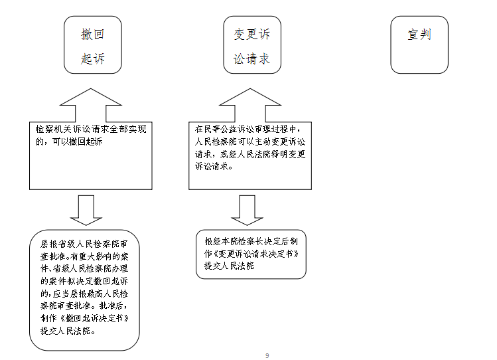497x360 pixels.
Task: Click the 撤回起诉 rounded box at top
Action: point(92,45)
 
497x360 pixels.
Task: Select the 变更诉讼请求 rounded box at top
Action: point(252,45)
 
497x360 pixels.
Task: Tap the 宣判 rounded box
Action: point(419,45)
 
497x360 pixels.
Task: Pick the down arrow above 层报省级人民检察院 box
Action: point(86,210)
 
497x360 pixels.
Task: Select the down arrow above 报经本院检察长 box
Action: point(247,210)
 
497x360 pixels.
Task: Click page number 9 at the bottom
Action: point(267,355)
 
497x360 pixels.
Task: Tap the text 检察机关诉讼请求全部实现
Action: point(91,129)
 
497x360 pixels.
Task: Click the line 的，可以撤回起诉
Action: point(69,141)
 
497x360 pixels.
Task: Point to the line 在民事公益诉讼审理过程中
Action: point(248,129)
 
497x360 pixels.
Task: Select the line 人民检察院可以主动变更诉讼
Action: point(250,141)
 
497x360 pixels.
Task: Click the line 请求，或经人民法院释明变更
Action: point(250,154)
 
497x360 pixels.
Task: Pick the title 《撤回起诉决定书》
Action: point(94,318)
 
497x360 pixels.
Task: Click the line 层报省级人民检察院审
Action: point(84,244)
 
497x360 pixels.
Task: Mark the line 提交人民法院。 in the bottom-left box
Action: point(68,331)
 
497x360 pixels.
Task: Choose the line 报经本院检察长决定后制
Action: point(251,241)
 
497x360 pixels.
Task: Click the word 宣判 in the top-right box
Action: point(419,35)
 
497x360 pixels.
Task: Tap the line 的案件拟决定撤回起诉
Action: point(84,281)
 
